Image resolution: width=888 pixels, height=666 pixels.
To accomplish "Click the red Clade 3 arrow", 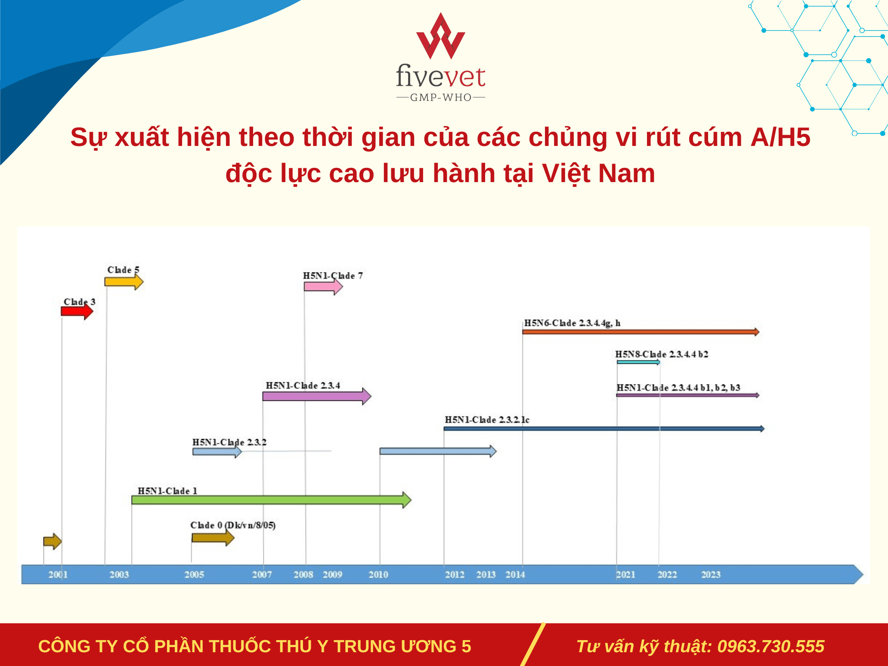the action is (77, 311).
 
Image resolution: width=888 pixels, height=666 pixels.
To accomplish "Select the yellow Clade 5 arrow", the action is (124, 282).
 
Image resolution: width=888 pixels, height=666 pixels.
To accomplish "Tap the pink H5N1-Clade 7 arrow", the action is (323, 286).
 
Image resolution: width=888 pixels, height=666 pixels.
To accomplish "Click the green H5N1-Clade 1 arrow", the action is (272, 500).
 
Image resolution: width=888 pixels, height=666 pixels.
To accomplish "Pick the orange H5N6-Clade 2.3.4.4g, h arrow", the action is (641, 332).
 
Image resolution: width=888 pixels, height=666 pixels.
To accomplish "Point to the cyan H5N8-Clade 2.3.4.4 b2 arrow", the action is (638, 362).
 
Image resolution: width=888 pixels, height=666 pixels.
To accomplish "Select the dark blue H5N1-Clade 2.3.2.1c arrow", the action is (604, 428).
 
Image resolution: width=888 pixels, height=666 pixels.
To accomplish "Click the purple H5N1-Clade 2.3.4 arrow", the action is (317, 396).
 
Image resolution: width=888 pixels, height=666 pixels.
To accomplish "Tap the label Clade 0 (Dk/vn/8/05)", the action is (233, 525).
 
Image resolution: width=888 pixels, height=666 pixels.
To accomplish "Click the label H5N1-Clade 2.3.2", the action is (229, 442).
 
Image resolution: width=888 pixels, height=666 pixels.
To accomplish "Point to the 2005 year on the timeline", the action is (194, 574).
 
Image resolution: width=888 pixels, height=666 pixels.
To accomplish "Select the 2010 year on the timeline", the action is (378, 574).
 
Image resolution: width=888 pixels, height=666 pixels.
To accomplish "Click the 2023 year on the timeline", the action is (711, 574).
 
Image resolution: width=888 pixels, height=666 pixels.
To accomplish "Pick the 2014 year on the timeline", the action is (515, 574).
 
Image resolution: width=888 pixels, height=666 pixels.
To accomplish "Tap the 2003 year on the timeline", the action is (119, 574).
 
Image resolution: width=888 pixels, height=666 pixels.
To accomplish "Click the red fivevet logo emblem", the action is (441, 36).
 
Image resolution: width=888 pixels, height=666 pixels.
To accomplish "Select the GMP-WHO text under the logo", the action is (441, 98).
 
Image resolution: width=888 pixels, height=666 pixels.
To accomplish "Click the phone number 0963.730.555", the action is (771, 646).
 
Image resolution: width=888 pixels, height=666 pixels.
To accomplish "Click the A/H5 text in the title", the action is (780, 137).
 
